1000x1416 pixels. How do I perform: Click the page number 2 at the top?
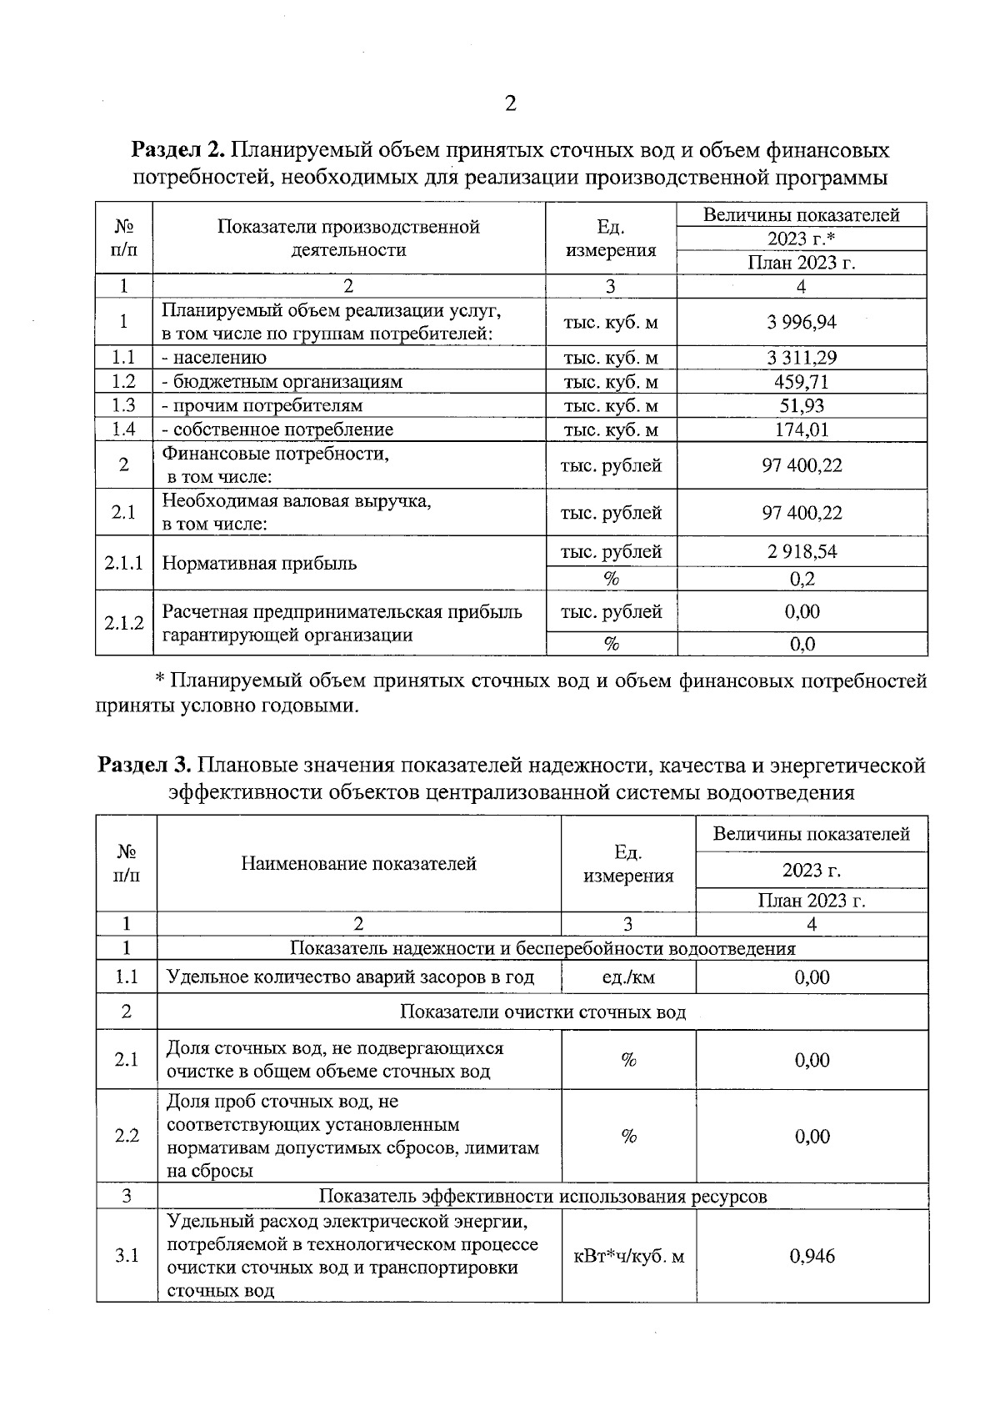pyautogui.click(x=510, y=103)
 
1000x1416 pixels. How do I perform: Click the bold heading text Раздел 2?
pyautogui.click(x=178, y=151)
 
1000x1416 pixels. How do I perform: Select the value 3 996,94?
pyautogui.click(x=802, y=322)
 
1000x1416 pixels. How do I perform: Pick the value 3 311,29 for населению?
pyautogui.click(x=802, y=358)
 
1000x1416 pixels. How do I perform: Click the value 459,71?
pyautogui.click(x=802, y=382)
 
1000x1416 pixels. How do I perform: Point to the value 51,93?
pyautogui.click(x=802, y=405)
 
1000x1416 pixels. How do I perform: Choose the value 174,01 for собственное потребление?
pyautogui.click(x=802, y=429)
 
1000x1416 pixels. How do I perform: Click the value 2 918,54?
pyautogui.click(x=802, y=551)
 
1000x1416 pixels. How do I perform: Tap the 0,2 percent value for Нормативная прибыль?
pyautogui.click(x=802, y=579)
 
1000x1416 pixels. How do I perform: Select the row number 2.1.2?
pyautogui.click(x=124, y=623)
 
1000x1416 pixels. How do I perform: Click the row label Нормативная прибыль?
pyautogui.click(x=259, y=563)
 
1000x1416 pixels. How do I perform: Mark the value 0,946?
pyautogui.click(x=812, y=1256)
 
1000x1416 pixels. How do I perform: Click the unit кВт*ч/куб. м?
pyautogui.click(x=629, y=1256)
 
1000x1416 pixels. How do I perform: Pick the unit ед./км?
pyautogui.click(x=628, y=977)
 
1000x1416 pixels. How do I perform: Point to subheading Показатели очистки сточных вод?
pyautogui.click(x=542, y=1012)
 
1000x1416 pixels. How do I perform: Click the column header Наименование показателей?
pyautogui.click(x=358, y=864)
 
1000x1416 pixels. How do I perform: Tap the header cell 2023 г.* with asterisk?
pyautogui.click(x=802, y=239)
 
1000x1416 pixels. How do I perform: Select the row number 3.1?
pyautogui.click(x=127, y=1256)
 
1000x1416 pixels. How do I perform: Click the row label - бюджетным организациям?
pyautogui.click(x=282, y=382)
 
